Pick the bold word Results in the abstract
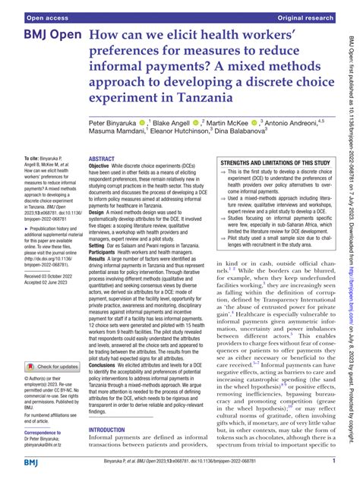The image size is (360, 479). coord(100,259)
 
